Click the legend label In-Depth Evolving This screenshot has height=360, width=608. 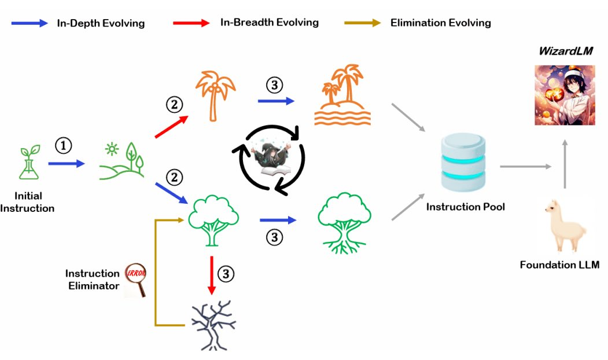(x=100, y=24)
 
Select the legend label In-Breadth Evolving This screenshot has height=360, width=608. (x=269, y=23)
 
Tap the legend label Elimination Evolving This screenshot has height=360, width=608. (x=440, y=23)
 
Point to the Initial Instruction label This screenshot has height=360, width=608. (x=27, y=202)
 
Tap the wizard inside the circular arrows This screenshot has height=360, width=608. (x=269, y=159)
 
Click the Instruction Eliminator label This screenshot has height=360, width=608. (x=93, y=279)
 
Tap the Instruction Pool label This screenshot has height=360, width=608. (x=466, y=207)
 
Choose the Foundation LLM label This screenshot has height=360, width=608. (x=559, y=266)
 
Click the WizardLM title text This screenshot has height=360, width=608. (x=565, y=52)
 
